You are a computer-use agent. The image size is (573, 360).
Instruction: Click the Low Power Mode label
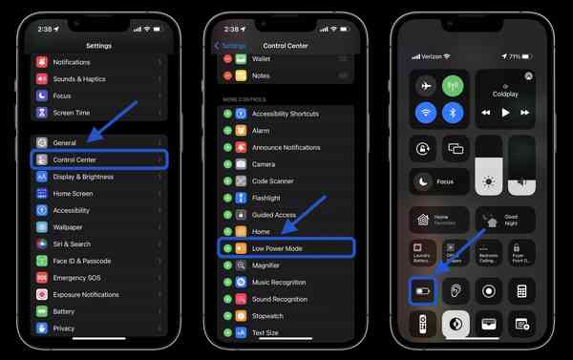pos(277,248)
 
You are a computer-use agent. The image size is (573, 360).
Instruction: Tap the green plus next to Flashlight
pos(227,198)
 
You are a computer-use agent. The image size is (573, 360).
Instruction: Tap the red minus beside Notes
pos(227,75)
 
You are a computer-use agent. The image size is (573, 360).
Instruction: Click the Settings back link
pos(230,45)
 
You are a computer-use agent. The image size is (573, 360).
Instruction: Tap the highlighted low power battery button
pos(422,290)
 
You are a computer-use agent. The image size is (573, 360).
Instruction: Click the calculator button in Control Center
pos(522,290)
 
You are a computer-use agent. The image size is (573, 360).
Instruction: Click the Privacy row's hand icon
pos(42,328)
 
